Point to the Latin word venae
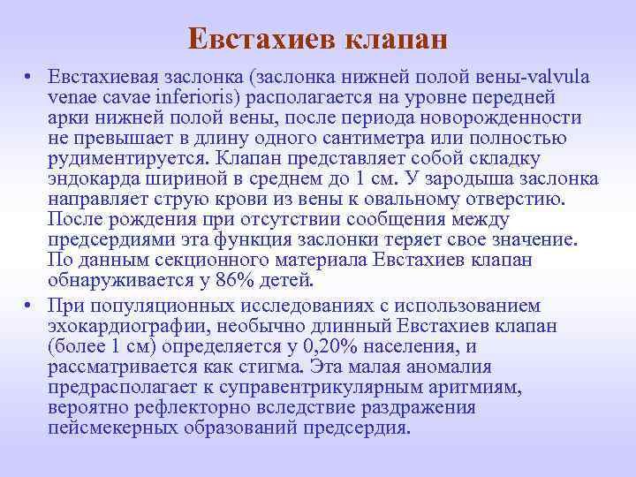coord(72,98)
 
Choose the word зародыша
coord(476,179)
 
